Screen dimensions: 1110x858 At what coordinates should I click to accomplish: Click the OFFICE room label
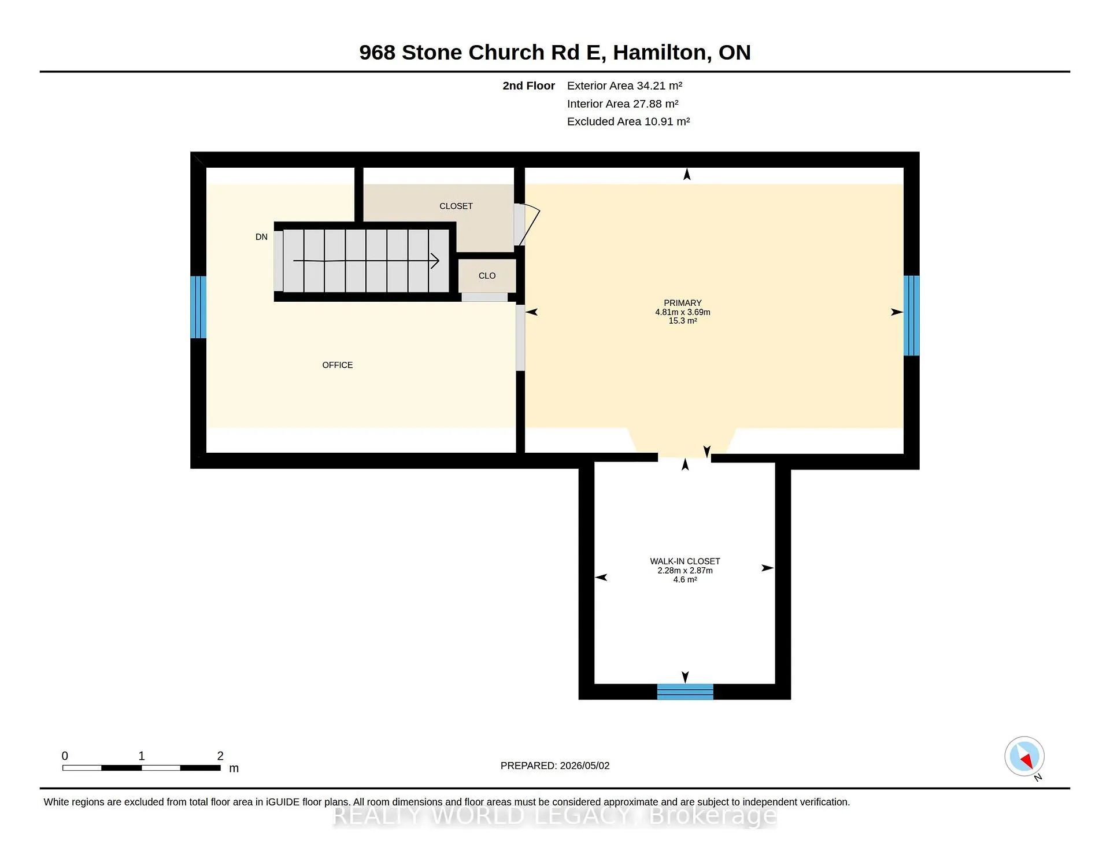(337, 365)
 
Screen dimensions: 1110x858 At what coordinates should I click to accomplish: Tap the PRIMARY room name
(682, 303)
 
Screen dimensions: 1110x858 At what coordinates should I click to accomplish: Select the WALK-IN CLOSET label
(685, 561)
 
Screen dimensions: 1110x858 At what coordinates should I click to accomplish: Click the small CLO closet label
(487, 276)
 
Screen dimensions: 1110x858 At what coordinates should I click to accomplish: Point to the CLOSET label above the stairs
(456, 206)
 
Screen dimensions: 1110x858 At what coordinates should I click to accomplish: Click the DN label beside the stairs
(261, 237)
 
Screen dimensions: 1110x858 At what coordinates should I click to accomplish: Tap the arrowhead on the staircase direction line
(435, 261)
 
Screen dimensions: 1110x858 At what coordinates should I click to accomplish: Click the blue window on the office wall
(198, 307)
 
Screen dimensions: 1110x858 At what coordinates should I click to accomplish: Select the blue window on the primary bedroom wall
(912, 316)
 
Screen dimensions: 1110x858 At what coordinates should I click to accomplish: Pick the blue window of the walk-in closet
(685, 691)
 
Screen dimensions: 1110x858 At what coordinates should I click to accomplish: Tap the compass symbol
(1024, 756)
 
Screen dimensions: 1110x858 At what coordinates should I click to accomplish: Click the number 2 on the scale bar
(220, 756)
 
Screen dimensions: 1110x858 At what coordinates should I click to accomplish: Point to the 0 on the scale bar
(65, 756)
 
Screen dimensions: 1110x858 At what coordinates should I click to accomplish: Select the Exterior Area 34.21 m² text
(624, 86)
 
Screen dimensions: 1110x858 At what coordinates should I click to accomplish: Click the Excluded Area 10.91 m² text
(628, 121)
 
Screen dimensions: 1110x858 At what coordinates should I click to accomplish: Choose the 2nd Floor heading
(528, 86)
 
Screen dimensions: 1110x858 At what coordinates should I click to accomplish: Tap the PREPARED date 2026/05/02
(584, 765)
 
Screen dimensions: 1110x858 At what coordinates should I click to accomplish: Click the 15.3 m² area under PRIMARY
(683, 321)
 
